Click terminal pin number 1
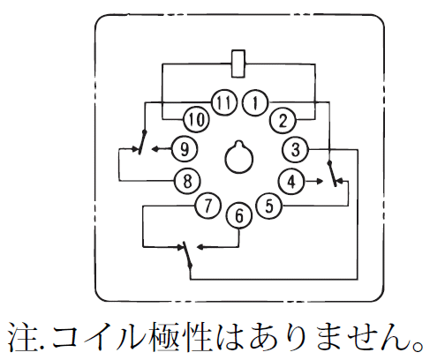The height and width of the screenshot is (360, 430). [x=255, y=103]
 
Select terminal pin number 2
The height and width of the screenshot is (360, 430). [x=283, y=120]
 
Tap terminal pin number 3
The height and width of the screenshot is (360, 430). [x=295, y=149]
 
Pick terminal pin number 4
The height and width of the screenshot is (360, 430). [x=291, y=182]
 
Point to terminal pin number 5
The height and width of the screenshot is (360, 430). [x=269, y=206]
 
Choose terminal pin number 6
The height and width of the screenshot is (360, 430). [x=239, y=215]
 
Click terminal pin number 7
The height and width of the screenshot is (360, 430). [x=208, y=206]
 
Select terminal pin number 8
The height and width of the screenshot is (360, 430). [x=187, y=181]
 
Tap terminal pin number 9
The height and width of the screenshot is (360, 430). [x=185, y=149]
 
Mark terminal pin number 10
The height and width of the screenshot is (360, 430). [x=196, y=119]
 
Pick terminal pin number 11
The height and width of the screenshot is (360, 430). [x=224, y=102]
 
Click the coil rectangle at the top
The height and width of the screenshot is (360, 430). [x=238, y=64]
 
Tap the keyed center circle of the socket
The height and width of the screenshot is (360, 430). [x=239, y=158]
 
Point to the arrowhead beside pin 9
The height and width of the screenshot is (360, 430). [x=155, y=149]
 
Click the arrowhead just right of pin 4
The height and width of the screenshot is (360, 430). [x=320, y=182]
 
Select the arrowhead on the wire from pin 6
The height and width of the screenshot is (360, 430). [x=200, y=247]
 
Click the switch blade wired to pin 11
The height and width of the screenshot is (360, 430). [x=142, y=142]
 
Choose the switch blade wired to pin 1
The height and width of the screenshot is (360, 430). [x=333, y=174]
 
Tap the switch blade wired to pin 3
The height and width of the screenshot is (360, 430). [x=187, y=255]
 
